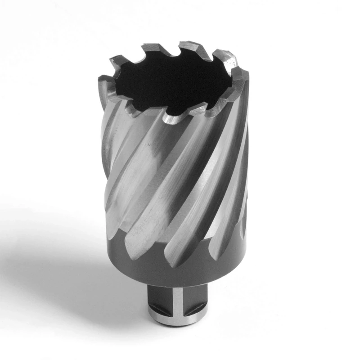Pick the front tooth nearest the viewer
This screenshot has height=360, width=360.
[171, 118]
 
